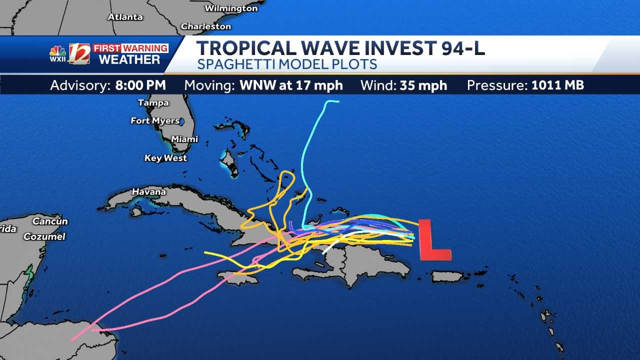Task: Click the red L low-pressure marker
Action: tap(433, 241)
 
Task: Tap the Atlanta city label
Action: tap(125, 17)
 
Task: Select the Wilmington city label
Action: tap(231, 8)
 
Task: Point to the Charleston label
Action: tap(206, 26)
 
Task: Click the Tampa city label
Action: tap(153, 103)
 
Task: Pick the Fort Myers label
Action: tap(155, 120)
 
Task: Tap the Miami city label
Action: tap(184, 139)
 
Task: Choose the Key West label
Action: tap(165, 158)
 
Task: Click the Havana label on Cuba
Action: tap(148, 191)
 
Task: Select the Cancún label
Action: tap(50, 221)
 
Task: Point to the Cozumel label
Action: tap(44, 236)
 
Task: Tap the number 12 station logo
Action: tap(79, 54)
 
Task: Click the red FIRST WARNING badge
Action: tap(130, 48)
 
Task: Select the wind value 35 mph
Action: tap(423, 85)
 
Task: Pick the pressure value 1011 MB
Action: tap(557, 85)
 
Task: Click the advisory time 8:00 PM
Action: tap(140, 85)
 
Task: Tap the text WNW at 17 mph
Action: tap(291, 85)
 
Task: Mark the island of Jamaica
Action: tap(237, 277)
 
